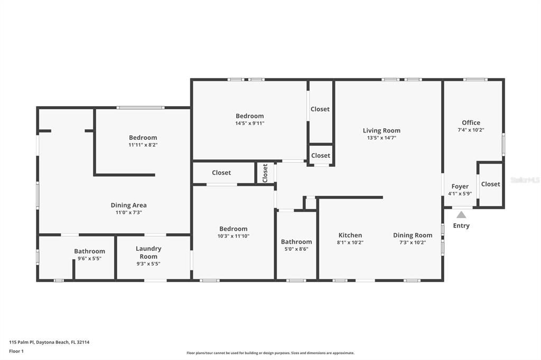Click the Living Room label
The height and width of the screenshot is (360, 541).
pyautogui.click(x=381, y=130)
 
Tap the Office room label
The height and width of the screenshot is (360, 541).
pyautogui.click(x=471, y=122)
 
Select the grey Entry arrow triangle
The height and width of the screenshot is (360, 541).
pyautogui.click(x=461, y=215)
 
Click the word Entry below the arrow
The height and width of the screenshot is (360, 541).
pyautogui.click(x=461, y=226)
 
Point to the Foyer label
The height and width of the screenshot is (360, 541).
pyautogui.click(x=460, y=186)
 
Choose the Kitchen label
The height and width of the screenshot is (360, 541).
pyautogui.click(x=350, y=235)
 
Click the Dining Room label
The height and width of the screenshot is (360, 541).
pyautogui.click(x=413, y=235)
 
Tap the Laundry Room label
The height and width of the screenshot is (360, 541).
pyautogui.click(x=148, y=252)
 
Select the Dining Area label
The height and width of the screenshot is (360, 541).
pyautogui.click(x=129, y=205)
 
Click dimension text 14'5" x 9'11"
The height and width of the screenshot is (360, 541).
pyautogui.click(x=250, y=123)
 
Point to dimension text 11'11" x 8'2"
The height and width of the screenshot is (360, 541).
pyautogui.click(x=143, y=145)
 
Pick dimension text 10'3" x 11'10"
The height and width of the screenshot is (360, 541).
pyautogui.click(x=234, y=236)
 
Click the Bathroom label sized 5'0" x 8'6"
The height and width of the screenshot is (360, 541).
pyautogui.click(x=296, y=242)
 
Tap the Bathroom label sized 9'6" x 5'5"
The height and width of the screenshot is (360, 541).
pyautogui.click(x=89, y=251)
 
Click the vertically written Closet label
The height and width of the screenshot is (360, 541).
pyautogui.click(x=265, y=172)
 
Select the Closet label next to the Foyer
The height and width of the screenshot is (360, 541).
pyautogui.click(x=490, y=184)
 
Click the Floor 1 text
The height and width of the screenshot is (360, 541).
pyautogui.click(x=17, y=351)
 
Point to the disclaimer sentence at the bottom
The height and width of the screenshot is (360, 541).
pyautogui.click(x=270, y=353)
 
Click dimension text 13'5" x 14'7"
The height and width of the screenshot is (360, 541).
pyautogui.click(x=381, y=138)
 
